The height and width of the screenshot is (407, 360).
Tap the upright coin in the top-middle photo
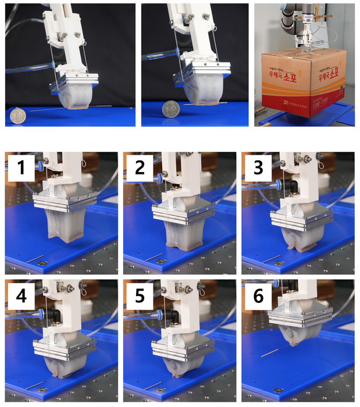[x=171, y=109]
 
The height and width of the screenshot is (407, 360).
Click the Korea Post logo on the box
[x=290, y=102]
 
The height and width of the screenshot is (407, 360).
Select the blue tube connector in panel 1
[x=42, y=166]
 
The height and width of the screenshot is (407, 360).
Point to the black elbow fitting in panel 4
[x=57, y=315]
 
